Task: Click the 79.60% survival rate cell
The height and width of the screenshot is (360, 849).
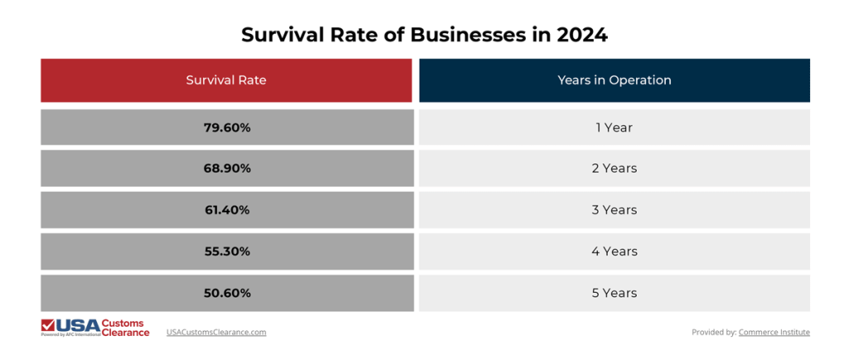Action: tap(226, 127)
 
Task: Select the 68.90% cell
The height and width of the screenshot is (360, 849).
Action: tap(226, 168)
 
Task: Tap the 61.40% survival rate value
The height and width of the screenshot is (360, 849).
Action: tap(226, 210)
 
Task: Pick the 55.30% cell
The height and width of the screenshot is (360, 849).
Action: tap(226, 251)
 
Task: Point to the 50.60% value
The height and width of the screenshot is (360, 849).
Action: tap(226, 293)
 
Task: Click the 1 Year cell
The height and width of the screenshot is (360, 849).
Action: tap(614, 127)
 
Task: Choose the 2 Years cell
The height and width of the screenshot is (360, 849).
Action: tap(614, 168)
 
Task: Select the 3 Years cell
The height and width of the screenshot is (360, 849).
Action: tap(614, 210)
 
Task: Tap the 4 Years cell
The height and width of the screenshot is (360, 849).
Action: tap(614, 251)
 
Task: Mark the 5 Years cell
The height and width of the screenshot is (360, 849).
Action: tap(614, 293)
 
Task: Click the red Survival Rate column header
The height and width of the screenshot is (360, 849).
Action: tap(226, 80)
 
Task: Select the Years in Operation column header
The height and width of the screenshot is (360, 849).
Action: tap(614, 80)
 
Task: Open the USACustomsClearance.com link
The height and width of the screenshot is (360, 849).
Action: tap(216, 332)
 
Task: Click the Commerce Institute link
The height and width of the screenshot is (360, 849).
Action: tap(774, 332)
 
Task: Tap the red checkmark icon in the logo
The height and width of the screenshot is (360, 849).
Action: tap(48, 324)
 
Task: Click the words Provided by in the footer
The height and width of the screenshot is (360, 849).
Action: tap(714, 332)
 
